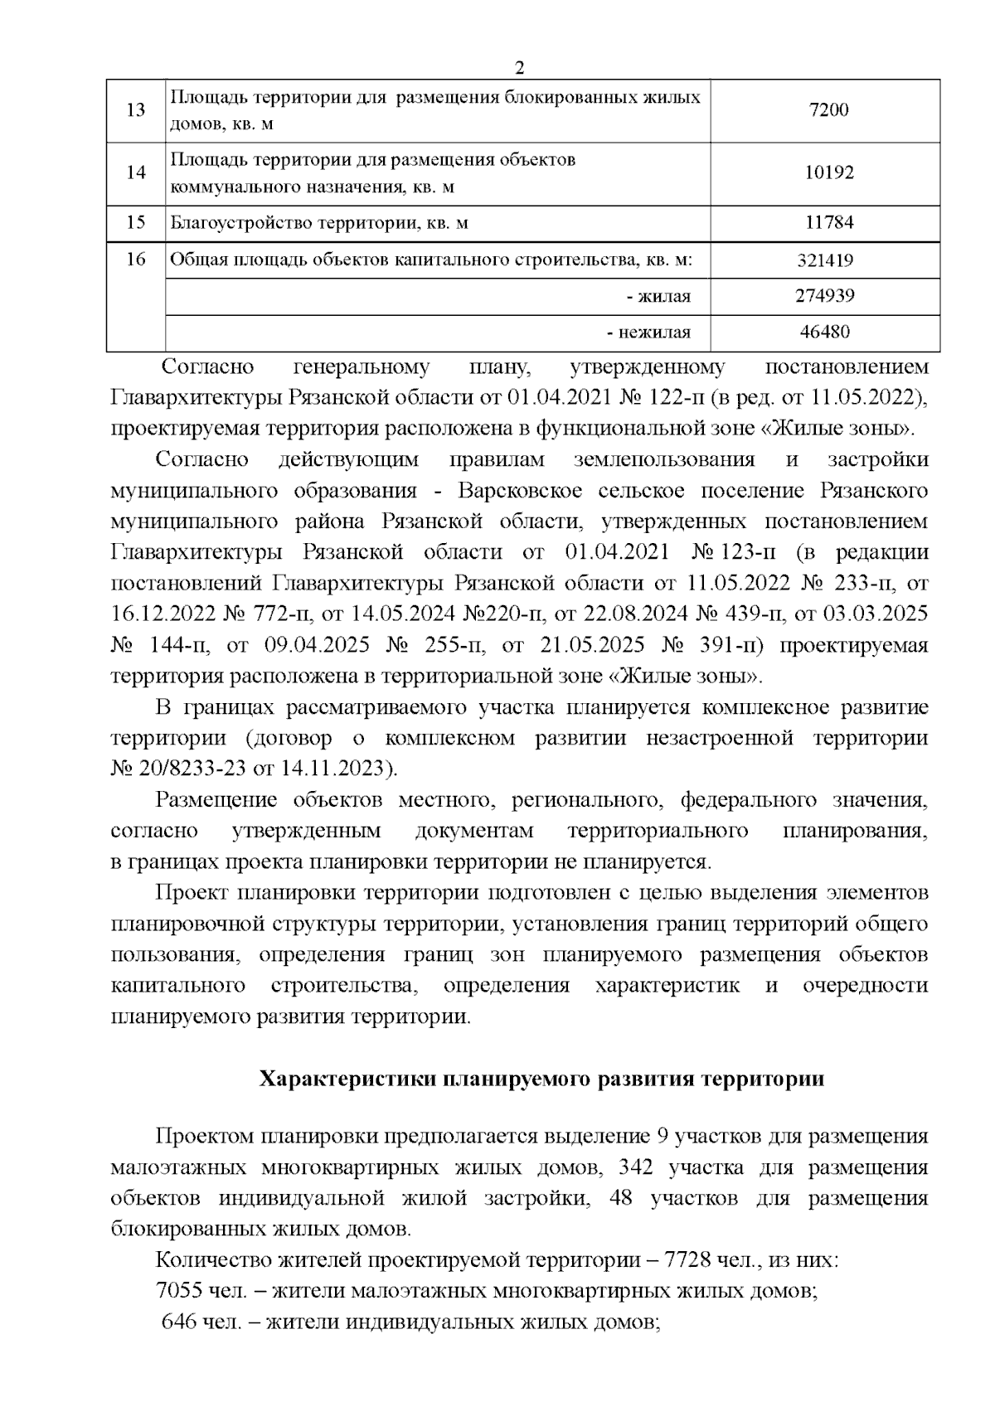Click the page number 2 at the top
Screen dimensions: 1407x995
pyautogui.click(x=520, y=68)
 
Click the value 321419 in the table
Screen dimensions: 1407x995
pyautogui.click(x=825, y=260)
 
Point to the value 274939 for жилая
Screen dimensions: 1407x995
pyautogui.click(x=827, y=296)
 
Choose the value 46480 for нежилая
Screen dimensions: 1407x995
pyautogui.click(x=825, y=332)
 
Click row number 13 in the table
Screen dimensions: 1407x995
pyautogui.click(x=136, y=110)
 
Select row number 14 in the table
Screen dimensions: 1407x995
pyautogui.click(x=136, y=173)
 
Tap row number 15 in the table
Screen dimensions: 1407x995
pyautogui.click(x=136, y=223)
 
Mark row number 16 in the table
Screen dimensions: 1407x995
pyautogui.click(x=136, y=260)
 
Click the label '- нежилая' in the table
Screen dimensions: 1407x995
pyautogui.click(x=648, y=332)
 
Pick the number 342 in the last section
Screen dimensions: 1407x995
pyautogui.click(x=636, y=1168)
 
